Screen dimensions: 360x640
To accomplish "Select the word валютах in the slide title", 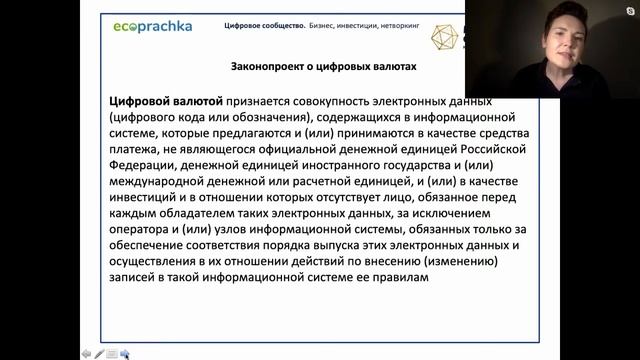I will tap(392, 67).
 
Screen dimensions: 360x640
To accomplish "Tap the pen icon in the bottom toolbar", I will tap(99, 353).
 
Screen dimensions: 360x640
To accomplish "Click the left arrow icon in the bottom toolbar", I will tap(86, 353).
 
